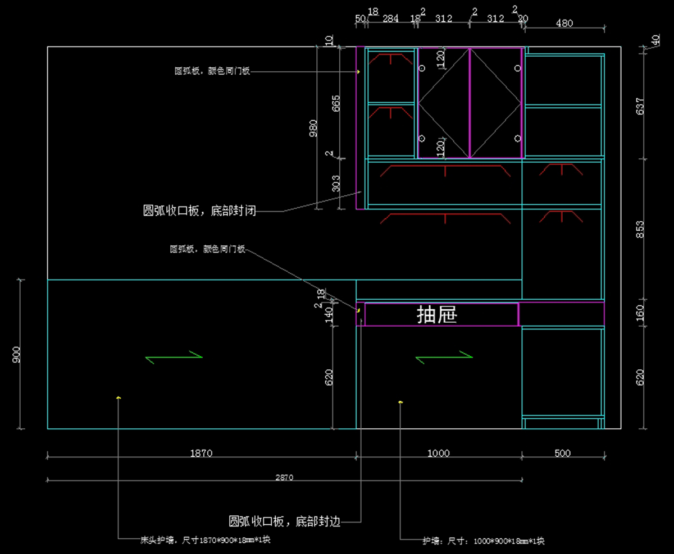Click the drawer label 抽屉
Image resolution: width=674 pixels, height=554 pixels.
437,315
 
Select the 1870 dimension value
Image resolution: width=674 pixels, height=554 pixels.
201,454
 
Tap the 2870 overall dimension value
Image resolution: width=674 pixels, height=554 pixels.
284,478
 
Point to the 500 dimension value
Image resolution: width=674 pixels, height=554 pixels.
562,454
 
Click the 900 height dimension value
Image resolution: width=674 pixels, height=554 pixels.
16,354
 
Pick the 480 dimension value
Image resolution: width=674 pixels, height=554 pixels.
564,23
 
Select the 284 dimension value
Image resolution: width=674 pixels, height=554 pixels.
390,19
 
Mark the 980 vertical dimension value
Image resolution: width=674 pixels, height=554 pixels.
313,128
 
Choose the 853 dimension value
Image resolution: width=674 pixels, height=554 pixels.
640,229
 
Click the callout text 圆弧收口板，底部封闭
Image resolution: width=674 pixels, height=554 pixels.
200,211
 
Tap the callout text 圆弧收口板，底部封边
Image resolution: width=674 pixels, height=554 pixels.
284,521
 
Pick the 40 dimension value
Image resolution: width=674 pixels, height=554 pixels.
655,40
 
